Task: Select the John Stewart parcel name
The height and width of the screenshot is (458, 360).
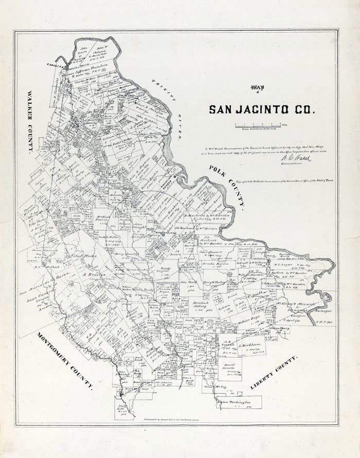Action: click(x=210, y=252)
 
